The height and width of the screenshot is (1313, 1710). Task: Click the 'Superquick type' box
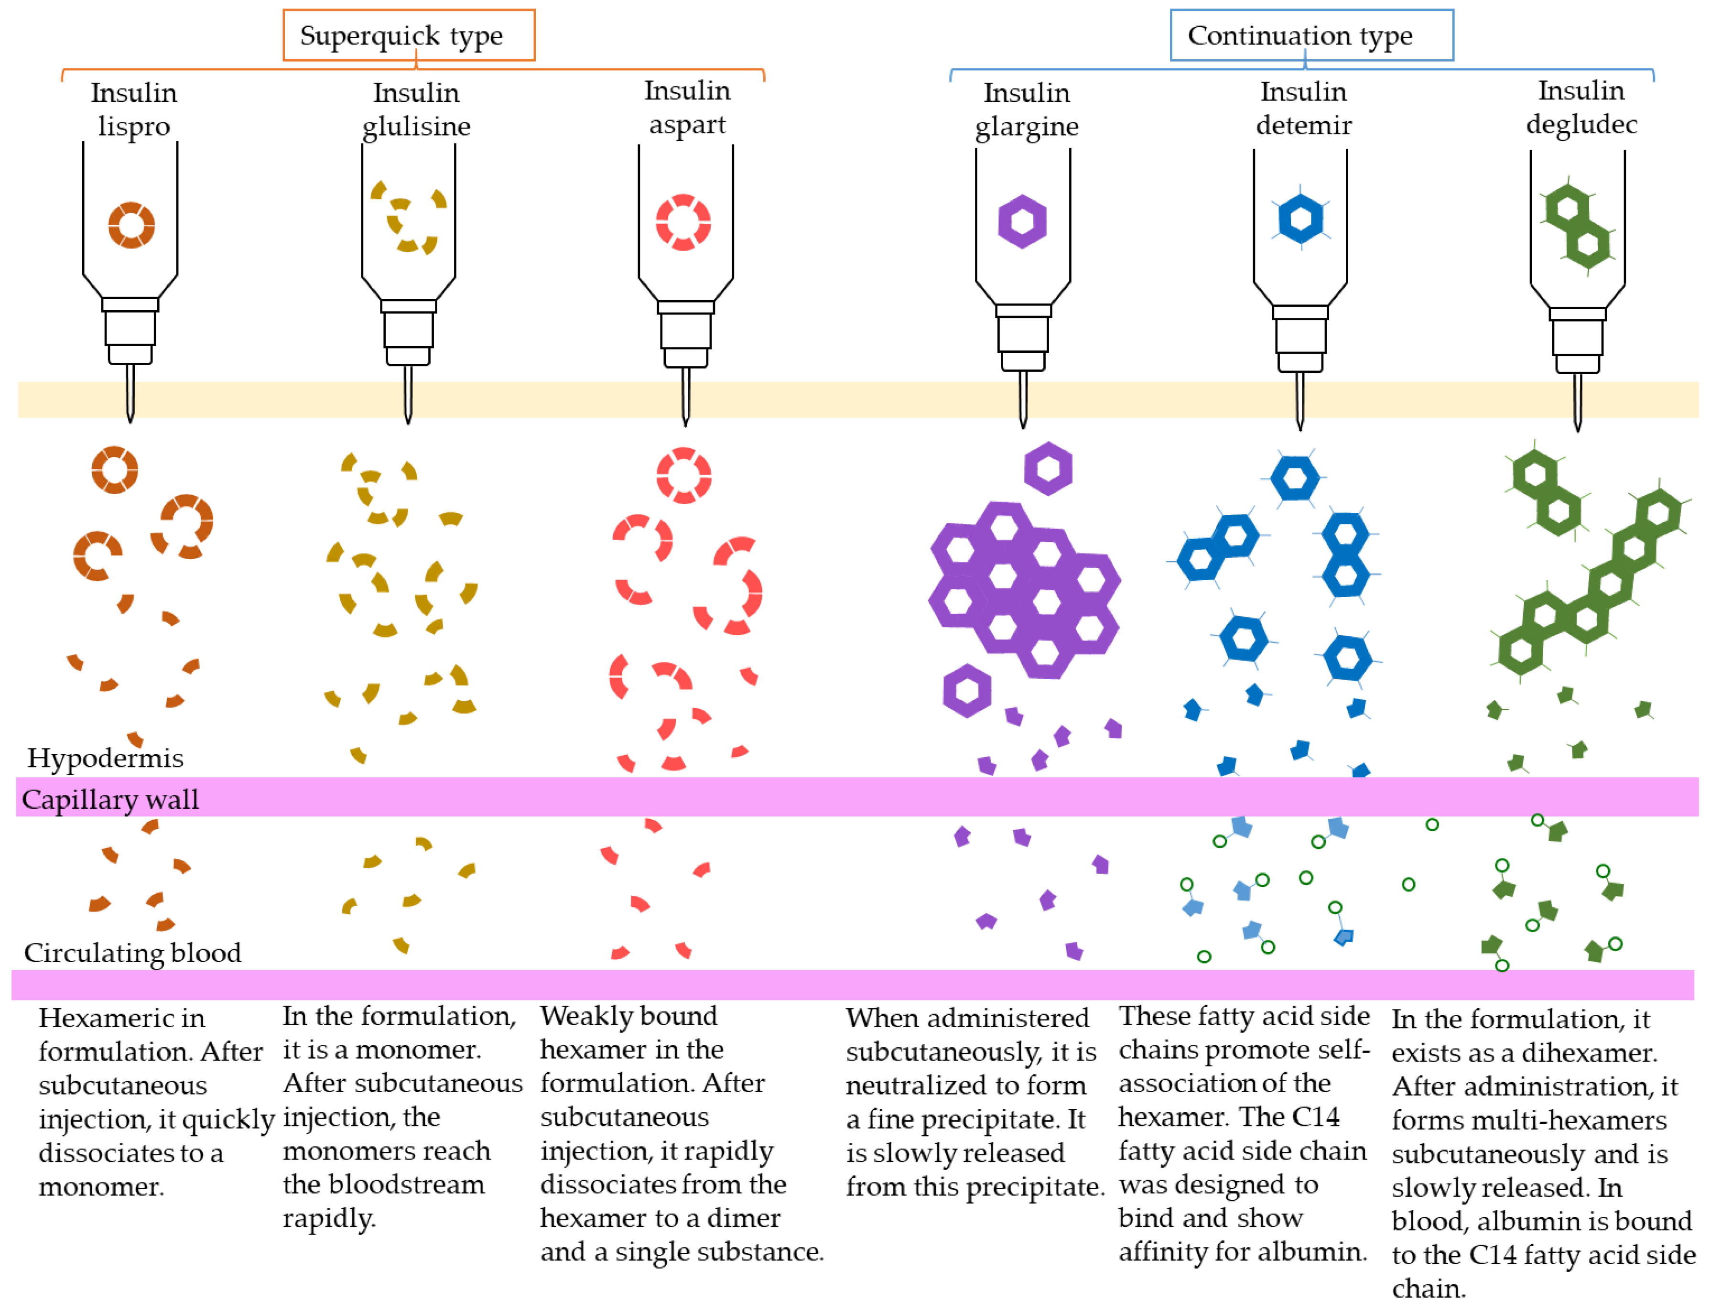click(408, 35)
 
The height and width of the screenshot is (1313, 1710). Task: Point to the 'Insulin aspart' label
click(686, 107)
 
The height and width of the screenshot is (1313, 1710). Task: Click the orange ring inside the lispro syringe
click(131, 225)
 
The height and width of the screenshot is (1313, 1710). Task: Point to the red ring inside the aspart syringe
click(682, 222)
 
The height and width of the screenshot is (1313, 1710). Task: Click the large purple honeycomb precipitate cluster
click(1024, 588)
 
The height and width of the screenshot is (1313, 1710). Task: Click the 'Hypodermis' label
click(106, 757)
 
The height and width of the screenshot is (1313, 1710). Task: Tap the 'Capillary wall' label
click(110, 799)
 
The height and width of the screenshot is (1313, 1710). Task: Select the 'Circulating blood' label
click(132, 952)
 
